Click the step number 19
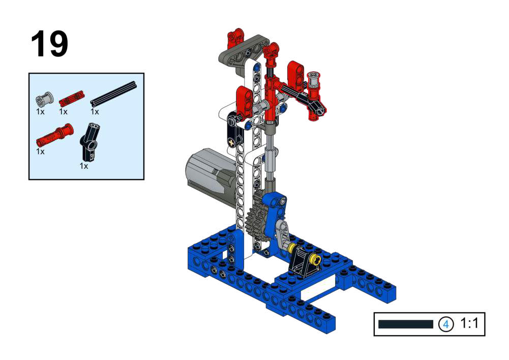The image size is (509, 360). [49, 44]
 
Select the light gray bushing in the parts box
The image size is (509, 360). [44, 99]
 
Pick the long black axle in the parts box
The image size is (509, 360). [113, 94]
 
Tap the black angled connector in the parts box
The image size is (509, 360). [89, 142]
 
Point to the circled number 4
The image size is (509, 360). [446, 324]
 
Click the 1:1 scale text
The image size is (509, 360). [469, 323]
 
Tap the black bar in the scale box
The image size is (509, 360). [406, 324]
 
